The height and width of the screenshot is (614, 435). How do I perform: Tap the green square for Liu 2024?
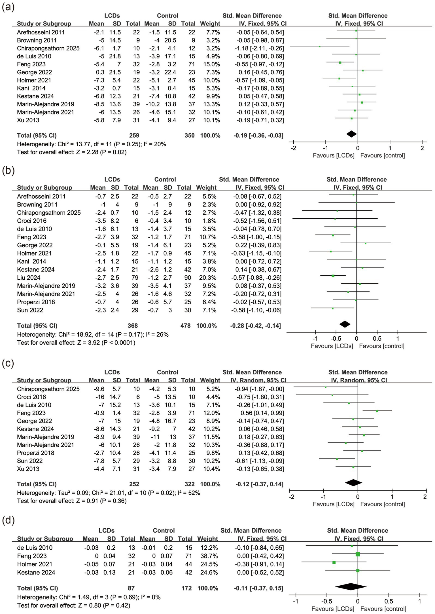pos(333,276)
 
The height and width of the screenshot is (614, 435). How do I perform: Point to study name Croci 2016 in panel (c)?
pos(31,397)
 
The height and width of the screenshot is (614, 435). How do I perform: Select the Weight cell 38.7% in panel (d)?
pos(207,556)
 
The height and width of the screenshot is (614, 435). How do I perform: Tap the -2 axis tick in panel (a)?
pos(293,148)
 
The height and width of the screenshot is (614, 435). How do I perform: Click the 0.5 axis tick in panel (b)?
pos(377,339)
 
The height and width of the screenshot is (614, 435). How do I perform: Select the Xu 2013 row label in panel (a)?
pos(28,120)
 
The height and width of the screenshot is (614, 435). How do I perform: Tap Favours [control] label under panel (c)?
pos(382,504)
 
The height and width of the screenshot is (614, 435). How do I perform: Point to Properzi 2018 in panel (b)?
pos(36,302)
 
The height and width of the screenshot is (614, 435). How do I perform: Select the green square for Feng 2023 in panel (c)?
pos(377,411)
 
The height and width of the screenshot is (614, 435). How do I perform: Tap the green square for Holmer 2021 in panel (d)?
pos(334,562)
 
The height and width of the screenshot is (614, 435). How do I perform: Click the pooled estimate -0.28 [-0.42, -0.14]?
pos(255,326)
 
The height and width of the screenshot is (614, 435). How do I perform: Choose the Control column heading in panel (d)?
pos(164,531)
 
